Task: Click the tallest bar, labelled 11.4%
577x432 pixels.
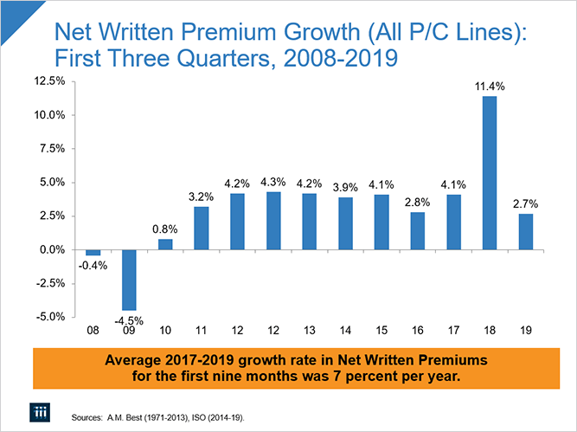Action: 490,173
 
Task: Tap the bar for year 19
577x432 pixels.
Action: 525,231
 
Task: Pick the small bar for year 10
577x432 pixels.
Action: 165,244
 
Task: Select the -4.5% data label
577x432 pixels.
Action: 129,320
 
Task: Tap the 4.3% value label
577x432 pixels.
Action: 273,182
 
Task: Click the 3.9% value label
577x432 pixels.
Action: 345,187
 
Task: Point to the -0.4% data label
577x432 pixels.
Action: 92,265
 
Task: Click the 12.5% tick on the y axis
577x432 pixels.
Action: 48,81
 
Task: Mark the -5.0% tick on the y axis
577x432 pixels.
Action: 50,317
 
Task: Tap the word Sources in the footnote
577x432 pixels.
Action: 89,417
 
